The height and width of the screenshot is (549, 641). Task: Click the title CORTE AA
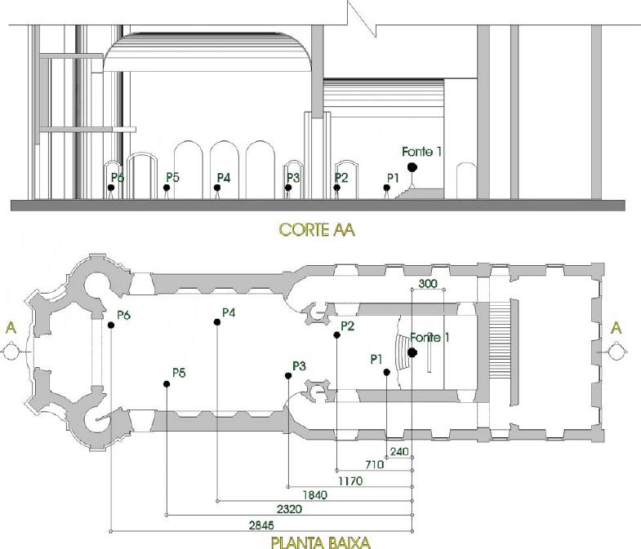(x=316, y=230)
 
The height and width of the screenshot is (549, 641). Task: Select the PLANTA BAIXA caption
(x=322, y=540)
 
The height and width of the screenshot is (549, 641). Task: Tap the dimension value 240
(x=399, y=451)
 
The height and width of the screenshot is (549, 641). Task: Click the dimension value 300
(x=427, y=283)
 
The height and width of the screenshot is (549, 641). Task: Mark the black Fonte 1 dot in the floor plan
(x=412, y=352)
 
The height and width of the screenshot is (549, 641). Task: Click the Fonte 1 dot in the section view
(x=412, y=166)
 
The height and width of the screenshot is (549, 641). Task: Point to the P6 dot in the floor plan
(x=110, y=325)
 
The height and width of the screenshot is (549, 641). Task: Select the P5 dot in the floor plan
(x=167, y=383)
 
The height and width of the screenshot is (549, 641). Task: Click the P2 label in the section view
(x=341, y=177)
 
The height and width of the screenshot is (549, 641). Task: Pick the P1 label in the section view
(x=392, y=177)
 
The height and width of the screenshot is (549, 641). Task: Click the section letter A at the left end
(x=11, y=327)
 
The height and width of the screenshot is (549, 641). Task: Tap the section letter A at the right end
(x=616, y=327)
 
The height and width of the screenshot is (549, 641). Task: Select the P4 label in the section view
(x=224, y=177)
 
